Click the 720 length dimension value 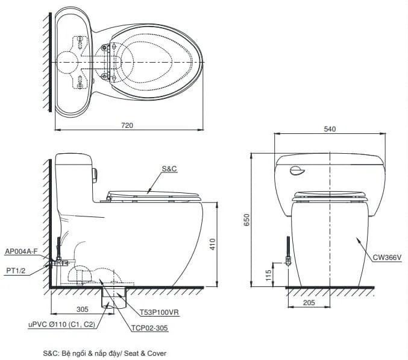click(x=127, y=125)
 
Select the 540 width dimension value click(x=330, y=129)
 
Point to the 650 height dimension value click(x=246, y=219)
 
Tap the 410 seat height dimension click(x=213, y=244)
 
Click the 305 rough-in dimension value click(x=83, y=309)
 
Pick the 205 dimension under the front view click(x=309, y=303)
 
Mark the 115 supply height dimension click(x=268, y=275)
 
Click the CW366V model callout click(x=387, y=257)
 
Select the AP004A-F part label click(x=21, y=251)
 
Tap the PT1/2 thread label click(x=16, y=271)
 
